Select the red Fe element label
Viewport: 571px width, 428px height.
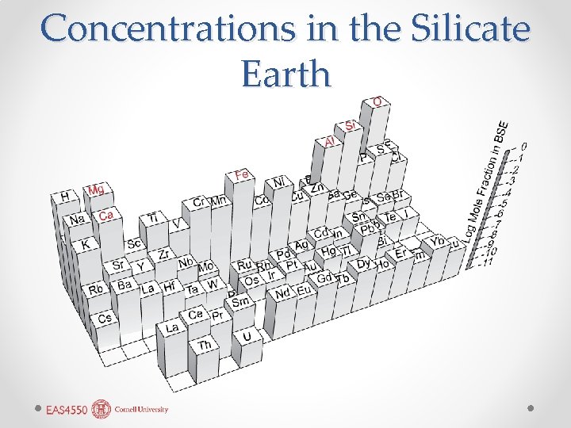pos(243,174)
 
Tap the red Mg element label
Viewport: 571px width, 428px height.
pos(96,189)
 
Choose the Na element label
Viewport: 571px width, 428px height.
pos(77,220)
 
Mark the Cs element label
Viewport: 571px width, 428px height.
pos(104,318)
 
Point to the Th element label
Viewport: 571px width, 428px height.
pos(205,345)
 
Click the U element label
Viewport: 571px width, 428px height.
pos(247,337)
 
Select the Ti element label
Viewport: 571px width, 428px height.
pos(153,217)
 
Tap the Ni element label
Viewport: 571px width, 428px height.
pos(279,182)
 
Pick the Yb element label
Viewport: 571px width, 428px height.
pos(438,241)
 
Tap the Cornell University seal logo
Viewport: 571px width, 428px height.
pos(102,409)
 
